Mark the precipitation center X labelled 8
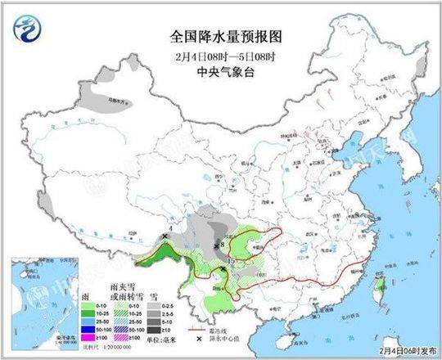tap(216, 245)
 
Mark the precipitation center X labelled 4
tap(165, 235)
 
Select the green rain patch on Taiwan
tap(377, 286)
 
